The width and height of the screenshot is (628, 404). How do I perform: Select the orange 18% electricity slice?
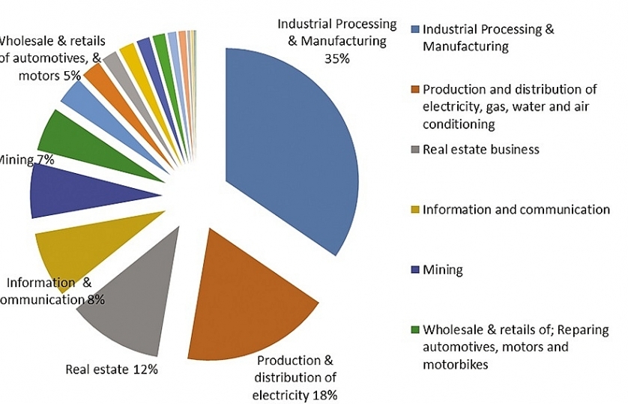[x=247, y=300]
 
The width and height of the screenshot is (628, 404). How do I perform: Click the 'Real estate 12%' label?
[x=112, y=369]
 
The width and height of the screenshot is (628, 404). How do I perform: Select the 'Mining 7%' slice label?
[x=26, y=159]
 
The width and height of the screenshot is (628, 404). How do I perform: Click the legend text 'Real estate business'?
[x=480, y=149]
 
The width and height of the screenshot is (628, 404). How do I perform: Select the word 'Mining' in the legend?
[x=443, y=269]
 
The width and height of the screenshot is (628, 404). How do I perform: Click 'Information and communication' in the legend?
[x=516, y=209]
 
